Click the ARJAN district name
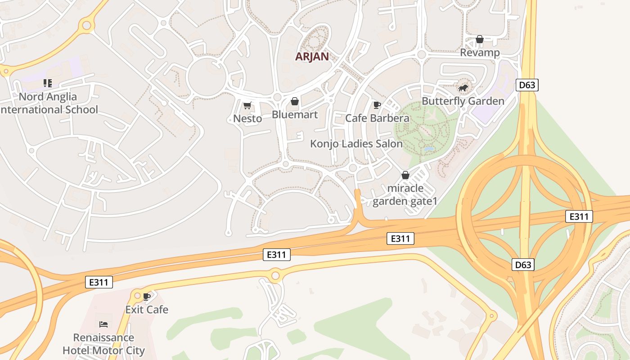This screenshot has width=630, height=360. (312, 57)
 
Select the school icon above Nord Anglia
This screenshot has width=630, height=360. (48, 83)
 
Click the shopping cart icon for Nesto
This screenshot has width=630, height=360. (247, 106)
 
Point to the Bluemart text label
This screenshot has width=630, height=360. (295, 115)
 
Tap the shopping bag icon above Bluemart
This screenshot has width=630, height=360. (295, 101)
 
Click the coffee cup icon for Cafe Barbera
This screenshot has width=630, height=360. (377, 105)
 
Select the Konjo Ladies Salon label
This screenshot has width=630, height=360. (356, 144)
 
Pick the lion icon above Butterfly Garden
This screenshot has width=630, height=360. (463, 88)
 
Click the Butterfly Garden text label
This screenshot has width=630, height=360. (463, 101)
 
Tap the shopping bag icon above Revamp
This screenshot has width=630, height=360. (480, 40)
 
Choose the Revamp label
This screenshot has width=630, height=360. (480, 53)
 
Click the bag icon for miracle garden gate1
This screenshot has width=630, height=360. (405, 175)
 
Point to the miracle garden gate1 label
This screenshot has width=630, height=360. (405, 194)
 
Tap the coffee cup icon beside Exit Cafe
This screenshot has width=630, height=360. (147, 296)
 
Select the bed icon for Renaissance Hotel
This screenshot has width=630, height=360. (103, 324)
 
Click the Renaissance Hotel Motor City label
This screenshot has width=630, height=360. (103, 344)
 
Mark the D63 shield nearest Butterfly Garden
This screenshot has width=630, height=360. (527, 85)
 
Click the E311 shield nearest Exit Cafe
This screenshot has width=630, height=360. (99, 282)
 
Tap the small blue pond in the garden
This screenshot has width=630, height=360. (429, 148)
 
